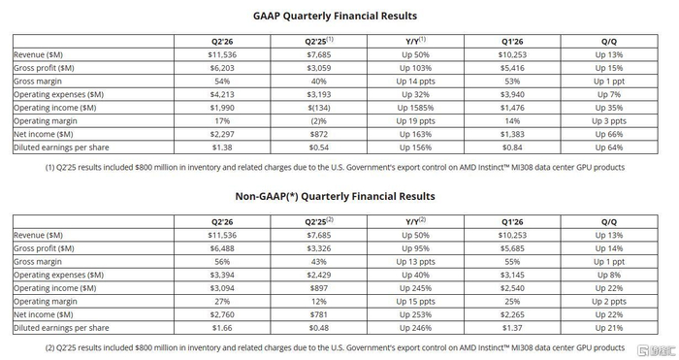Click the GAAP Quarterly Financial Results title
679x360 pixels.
coord(335,16)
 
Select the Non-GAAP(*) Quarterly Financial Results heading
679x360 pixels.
coord(335,196)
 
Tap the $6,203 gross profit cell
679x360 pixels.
coord(222,68)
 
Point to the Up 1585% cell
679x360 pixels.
coord(415,108)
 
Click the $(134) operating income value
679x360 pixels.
coord(319,108)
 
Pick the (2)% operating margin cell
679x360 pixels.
coord(319,121)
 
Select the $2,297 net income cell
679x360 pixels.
coord(222,134)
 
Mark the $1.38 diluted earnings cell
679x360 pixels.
coord(222,147)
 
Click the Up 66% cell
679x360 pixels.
coord(609,134)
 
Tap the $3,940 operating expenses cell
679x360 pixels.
coord(512,94)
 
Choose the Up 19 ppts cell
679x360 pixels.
coord(415,121)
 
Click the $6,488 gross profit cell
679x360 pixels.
coord(222,248)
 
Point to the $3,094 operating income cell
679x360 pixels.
coord(222,288)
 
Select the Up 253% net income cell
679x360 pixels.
coord(415,314)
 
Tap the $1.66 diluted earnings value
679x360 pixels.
coord(222,328)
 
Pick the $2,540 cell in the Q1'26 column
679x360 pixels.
coord(512,288)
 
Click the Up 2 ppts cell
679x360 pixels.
coord(609,302)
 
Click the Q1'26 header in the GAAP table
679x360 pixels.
coord(512,42)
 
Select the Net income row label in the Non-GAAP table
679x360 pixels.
coord(44,314)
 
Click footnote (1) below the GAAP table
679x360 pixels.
coord(335,167)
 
